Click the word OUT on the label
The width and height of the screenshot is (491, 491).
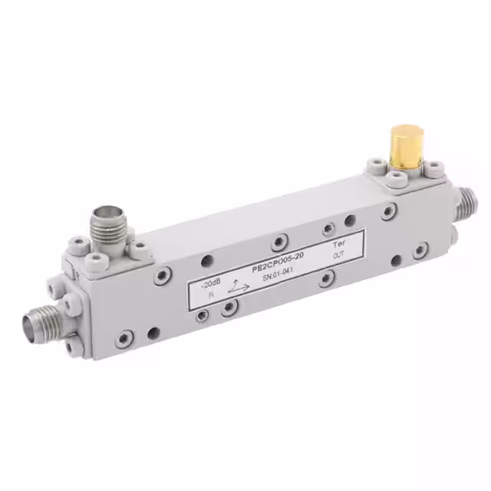338,255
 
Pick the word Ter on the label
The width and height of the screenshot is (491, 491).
338,239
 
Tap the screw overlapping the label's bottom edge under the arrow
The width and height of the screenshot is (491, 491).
229,307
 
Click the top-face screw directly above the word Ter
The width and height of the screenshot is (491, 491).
351,220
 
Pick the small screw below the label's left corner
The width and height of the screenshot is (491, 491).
201,315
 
